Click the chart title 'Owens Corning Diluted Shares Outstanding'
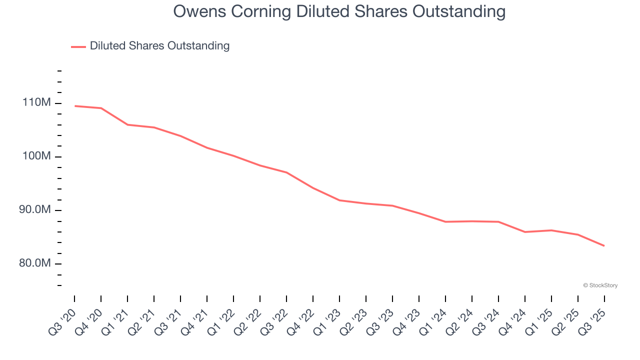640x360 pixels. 339,11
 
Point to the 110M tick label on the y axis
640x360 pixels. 36,103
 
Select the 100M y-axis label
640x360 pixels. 36,156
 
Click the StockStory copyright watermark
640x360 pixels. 600,285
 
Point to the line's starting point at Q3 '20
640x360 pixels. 74,106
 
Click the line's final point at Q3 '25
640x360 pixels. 604,245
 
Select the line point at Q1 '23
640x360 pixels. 339,200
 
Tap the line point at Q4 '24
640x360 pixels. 525,232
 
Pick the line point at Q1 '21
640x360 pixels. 127,124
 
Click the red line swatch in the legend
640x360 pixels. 78,46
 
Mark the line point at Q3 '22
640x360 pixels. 286,172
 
